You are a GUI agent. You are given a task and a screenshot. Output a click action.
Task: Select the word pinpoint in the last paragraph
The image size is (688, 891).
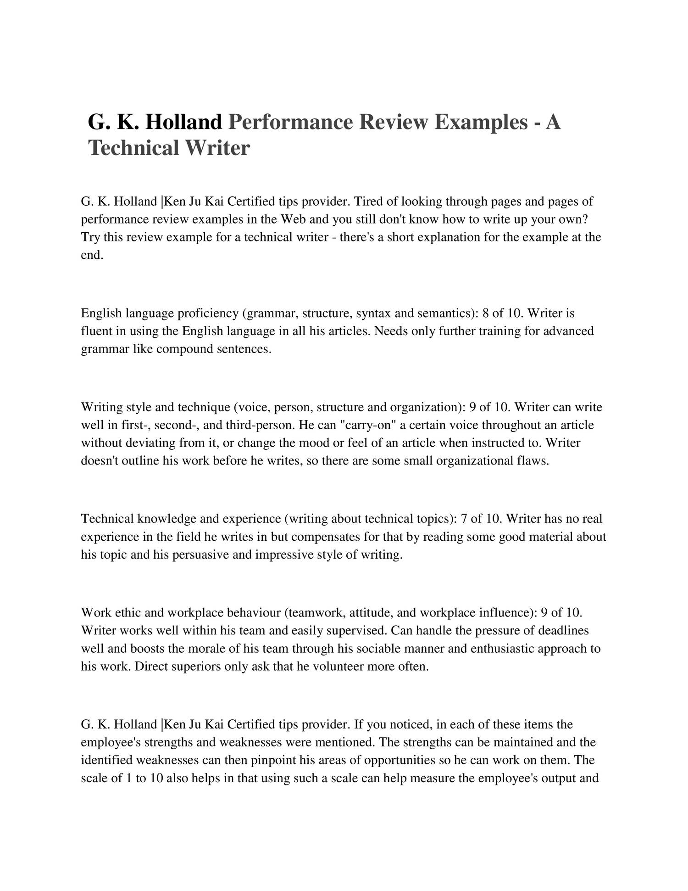273,761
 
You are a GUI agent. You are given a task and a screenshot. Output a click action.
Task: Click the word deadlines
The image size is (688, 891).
562,631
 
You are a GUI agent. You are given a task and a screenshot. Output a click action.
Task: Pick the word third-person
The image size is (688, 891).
259,425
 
